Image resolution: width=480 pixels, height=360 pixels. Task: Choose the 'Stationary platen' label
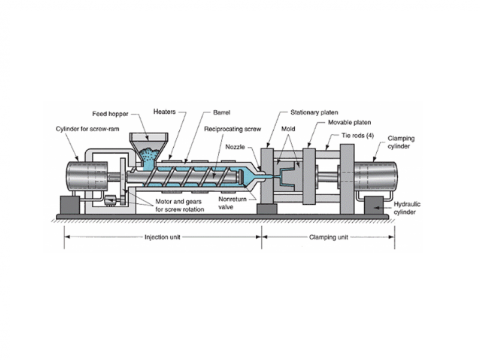tap(313, 113)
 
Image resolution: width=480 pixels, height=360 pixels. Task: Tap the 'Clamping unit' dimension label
tap(327, 238)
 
